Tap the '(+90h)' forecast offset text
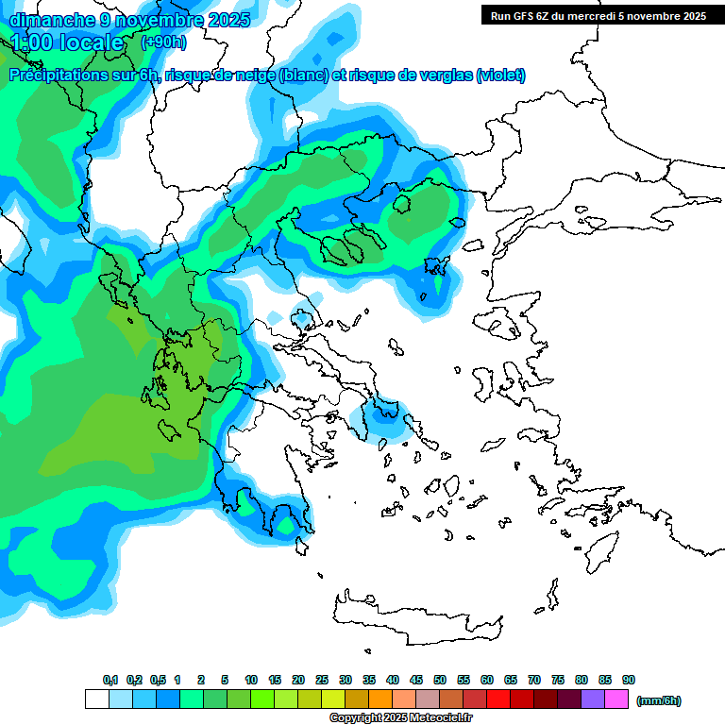[x=163, y=42]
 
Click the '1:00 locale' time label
[x=68, y=42]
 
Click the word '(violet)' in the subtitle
[x=501, y=76]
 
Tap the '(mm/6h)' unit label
[x=659, y=700]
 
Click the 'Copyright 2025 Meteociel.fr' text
[x=400, y=718]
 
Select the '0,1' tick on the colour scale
[x=110, y=680]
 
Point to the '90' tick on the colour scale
[x=629, y=680]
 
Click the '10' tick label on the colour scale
[x=251, y=680]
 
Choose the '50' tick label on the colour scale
[x=440, y=680]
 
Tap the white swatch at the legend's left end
[x=96, y=700]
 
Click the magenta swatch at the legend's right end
[x=616, y=700]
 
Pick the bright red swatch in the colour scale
[x=498, y=700]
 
